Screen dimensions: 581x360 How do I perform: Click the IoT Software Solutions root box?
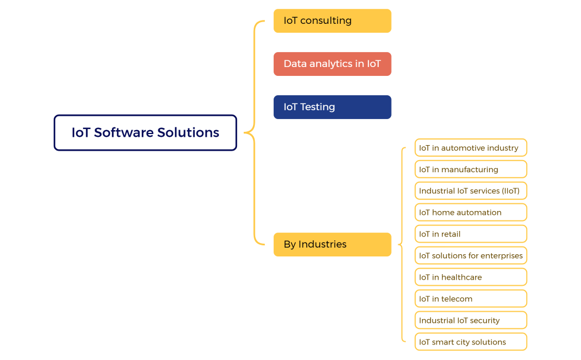click(x=145, y=132)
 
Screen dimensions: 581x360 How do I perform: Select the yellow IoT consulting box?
click(x=332, y=20)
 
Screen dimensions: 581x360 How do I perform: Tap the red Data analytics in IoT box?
click(x=332, y=64)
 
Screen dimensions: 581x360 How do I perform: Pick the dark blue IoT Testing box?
click(x=332, y=107)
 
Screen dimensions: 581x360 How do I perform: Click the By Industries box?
click(x=332, y=244)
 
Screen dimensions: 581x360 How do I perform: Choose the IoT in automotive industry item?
click(x=471, y=148)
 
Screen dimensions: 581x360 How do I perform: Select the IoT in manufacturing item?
click(x=471, y=169)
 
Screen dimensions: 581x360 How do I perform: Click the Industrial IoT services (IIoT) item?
click(x=471, y=191)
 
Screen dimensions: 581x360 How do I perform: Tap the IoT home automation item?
click(x=471, y=212)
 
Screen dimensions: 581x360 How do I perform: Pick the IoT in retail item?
click(x=471, y=234)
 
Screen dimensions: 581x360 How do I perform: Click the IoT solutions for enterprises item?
click(x=471, y=255)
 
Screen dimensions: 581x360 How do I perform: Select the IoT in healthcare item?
click(x=471, y=277)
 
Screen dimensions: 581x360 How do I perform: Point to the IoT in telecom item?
click(x=471, y=299)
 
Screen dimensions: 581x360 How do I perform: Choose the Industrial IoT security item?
click(x=471, y=320)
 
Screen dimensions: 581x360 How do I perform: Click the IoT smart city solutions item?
click(x=471, y=342)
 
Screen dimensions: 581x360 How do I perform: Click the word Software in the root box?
click(x=124, y=132)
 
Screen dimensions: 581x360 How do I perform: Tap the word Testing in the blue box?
click(x=317, y=107)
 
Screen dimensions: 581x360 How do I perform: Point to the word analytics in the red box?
click(x=331, y=64)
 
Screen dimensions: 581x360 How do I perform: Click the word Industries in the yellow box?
click(x=322, y=244)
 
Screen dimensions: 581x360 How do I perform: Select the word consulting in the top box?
click(x=326, y=20)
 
